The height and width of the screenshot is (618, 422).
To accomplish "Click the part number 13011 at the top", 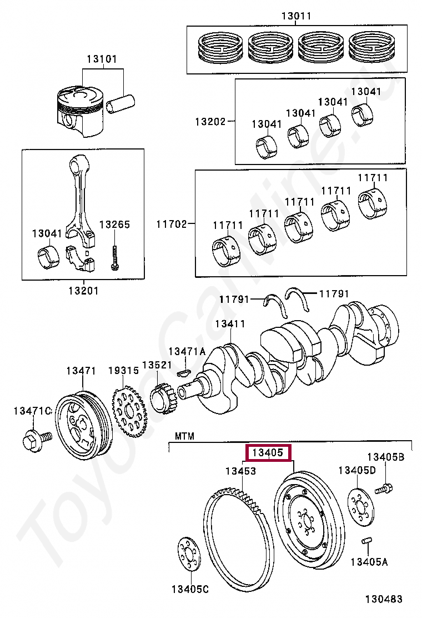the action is [x=296, y=16].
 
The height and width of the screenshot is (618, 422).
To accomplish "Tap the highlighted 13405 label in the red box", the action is [x=268, y=452].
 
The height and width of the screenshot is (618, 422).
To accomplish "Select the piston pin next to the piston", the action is [x=121, y=104].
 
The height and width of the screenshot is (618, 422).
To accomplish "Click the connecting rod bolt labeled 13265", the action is [x=114, y=258].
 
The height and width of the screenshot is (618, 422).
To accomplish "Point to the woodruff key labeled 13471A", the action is [x=183, y=371].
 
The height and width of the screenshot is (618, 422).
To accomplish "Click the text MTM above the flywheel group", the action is [x=184, y=436].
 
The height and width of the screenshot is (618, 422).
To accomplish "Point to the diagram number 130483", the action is [x=384, y=599].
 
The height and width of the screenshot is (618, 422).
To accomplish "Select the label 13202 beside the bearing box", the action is [x=210, y=121].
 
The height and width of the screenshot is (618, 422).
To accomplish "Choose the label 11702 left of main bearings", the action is [x=171, y=224].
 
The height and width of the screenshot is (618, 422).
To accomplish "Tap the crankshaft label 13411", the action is [x=230, y=323].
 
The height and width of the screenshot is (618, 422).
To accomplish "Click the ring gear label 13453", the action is [x=240, y=471].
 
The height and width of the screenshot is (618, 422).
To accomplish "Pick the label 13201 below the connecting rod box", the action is [x=83, y=291].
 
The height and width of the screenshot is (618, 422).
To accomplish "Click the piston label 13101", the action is [x=102, y=59].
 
